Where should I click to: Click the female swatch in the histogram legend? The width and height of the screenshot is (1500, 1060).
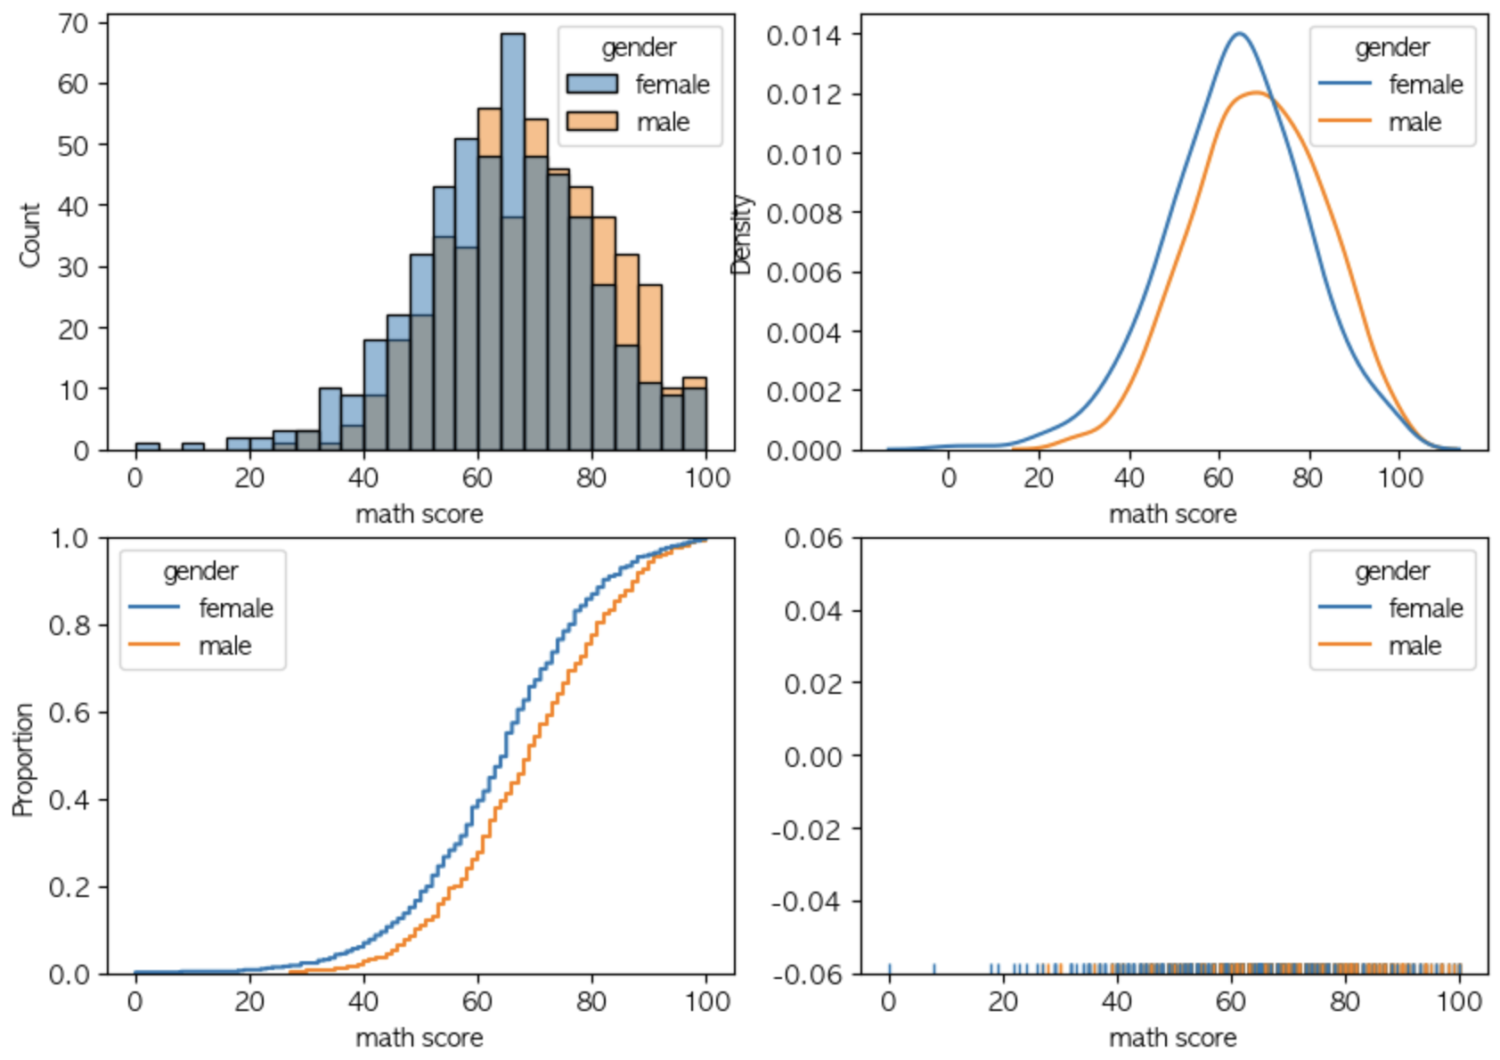tap(592, 84)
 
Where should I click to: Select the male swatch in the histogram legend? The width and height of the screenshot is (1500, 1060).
tap(592, 121)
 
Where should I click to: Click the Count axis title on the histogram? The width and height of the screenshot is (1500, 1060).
tap(29, 235)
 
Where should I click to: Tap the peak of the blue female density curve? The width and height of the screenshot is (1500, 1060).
tap(1239, 35)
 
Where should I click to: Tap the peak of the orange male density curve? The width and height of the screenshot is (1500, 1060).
tap(1256, 93)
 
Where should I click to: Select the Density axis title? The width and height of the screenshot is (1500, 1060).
tap(741, 235)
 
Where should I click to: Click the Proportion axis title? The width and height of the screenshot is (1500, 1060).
tap(23, 760)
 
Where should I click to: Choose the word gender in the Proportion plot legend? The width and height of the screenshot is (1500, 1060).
tap(200, 571)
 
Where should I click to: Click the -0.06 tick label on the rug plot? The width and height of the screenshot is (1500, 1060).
tap(806, 974)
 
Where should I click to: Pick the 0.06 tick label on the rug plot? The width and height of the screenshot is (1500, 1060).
tap(812, 538)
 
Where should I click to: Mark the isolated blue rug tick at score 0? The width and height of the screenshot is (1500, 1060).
tap(889, 969)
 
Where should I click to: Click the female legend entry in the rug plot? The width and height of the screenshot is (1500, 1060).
tap(1425, 608)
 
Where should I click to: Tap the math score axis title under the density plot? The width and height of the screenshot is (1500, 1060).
tap(1172, 514)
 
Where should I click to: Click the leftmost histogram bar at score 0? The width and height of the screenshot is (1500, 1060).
tap(147, 446)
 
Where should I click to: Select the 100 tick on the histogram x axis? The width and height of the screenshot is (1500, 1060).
tap(707, 478)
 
